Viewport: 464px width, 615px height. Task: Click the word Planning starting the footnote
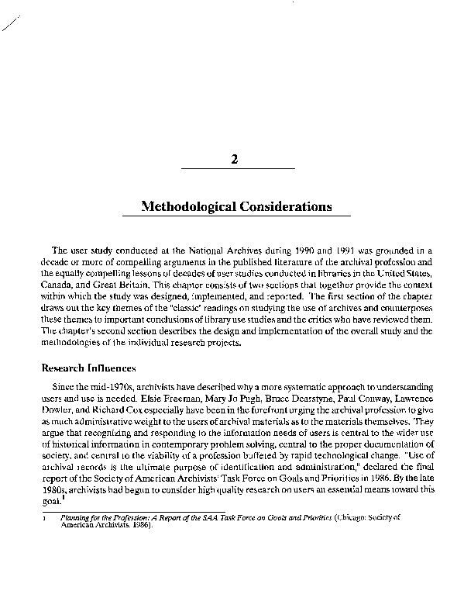[76, 515]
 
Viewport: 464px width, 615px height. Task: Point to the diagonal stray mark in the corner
[10, 24]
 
